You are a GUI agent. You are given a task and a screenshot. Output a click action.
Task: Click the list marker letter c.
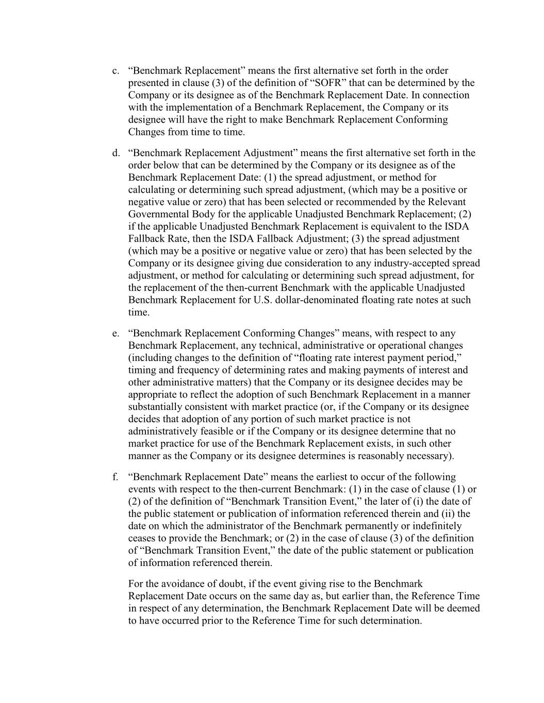click(115, 71)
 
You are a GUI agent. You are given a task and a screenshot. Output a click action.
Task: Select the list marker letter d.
click(116, 153)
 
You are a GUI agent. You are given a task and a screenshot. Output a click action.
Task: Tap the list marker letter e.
click(115, 334)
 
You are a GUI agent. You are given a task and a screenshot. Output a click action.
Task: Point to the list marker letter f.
click(114, 477)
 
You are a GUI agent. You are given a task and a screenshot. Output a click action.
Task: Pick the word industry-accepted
click(407, 263)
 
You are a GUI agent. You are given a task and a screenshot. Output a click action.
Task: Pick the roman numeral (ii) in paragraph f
click(449, 514)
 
